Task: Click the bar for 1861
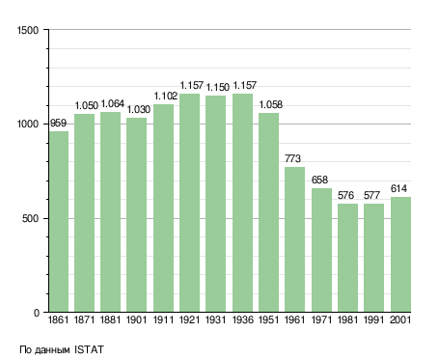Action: pos(59,221)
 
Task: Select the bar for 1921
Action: pos(189,203)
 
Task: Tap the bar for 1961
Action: pos(294,239)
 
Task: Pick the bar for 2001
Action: pos(400,254)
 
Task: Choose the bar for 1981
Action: pos(347,258)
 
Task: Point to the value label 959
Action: pos(58,123)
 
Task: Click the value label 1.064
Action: pos(113,103)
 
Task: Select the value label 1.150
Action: pos(218,87)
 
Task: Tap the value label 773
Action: pos(292,158)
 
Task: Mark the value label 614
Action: pos(398,188)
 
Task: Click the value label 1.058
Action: pos(271,104)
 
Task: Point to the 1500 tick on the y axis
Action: pos(28,30)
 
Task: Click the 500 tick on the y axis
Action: pos(31,218)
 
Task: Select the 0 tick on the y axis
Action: pos(37,313)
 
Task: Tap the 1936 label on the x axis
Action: pos(242,319)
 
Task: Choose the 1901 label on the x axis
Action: pos(136,319)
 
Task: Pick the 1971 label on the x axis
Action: pos(321,319)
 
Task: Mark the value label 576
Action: pos(345,195)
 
